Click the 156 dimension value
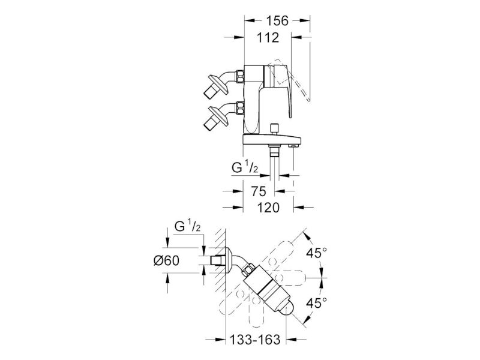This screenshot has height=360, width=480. point(277,21)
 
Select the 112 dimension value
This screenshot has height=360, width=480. point(268,38)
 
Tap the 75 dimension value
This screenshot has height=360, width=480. point(259,191)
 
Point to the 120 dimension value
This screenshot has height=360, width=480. point(268,208)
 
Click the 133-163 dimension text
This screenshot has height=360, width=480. point(255,340)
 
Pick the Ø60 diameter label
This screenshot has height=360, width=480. point(167,261)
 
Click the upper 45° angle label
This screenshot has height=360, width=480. point(317,253)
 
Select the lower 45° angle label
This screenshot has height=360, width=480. point(317,304)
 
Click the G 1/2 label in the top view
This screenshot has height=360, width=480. point(188,227)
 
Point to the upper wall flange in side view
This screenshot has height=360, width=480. point(218,85)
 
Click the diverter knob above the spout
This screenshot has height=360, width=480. point(274,128)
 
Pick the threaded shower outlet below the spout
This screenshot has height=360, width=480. point(274,151)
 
